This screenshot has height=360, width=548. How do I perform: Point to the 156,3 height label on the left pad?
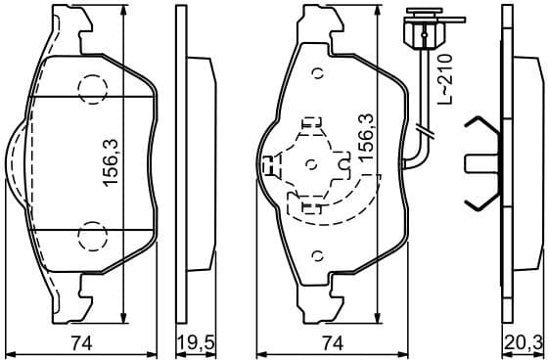coord(111,162)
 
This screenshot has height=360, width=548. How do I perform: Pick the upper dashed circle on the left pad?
coord(92,90)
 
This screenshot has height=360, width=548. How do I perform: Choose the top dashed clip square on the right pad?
coord(310,124)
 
